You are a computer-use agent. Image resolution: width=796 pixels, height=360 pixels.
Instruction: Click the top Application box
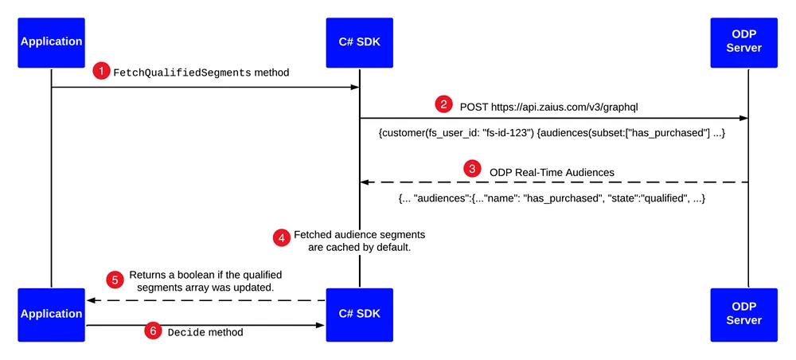coord(51,43)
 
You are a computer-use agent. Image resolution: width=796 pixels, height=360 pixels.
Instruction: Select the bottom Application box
coord(51,315)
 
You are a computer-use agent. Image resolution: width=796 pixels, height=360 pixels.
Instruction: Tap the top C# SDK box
coord(360,43)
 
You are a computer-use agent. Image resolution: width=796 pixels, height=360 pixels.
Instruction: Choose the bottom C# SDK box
coord(360,315)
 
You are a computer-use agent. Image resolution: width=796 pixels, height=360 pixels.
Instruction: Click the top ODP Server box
coord(743,43)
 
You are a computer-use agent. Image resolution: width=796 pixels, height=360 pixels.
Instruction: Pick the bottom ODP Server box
coord(743,315)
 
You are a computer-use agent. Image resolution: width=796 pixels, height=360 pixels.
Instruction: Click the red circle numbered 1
coord(101,72)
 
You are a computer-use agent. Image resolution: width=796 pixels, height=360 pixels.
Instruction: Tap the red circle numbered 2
coord(443,106)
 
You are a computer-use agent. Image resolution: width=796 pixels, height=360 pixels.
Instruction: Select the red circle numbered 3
coord(473,170)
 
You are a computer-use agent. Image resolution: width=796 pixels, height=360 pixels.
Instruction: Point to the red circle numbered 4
coord(281,238)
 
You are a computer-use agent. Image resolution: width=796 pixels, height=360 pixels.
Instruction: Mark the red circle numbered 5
coord(114,280)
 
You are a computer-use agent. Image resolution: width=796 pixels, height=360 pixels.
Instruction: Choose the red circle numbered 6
coord(152,331)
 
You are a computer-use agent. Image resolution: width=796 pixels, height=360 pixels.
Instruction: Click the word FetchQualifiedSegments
coord(182,73)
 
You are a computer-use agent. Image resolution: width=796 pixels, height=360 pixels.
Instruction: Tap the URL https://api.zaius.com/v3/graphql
coord(564,108)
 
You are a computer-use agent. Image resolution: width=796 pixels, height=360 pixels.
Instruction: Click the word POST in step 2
coord(473,108)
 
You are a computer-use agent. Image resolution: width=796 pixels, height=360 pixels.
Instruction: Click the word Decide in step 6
coord(186,333)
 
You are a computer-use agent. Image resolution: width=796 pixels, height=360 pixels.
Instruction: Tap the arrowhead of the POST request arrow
coord(743,119)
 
